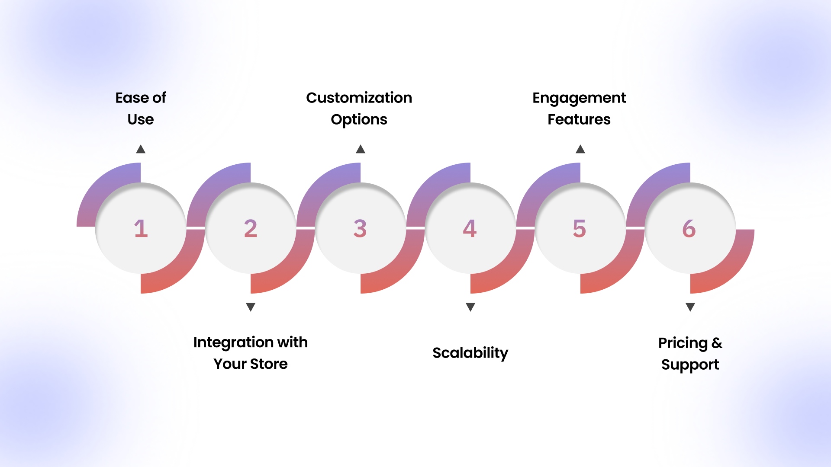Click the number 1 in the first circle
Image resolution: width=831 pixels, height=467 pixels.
[141, 228]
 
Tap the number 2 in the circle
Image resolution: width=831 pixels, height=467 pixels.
[251, 228]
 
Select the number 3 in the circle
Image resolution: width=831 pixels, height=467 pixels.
[360, 228]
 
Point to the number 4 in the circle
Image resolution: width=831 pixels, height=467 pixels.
[470, 228]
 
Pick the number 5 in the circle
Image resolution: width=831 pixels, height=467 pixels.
[580, 228]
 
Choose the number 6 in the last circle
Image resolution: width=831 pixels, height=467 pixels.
[689, 228]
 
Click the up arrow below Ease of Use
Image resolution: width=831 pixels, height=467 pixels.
[141, 149]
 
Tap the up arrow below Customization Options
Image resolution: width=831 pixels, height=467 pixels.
[361, 149]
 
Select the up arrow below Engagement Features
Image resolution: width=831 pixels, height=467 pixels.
[580, 149]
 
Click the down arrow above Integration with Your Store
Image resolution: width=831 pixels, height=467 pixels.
[251, 307]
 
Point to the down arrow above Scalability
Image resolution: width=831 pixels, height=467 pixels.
[470, 307]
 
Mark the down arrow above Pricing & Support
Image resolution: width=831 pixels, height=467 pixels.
[690, 307]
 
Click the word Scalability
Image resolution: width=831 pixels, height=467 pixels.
[470, 353]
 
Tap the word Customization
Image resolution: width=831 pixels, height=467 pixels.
[359, 98]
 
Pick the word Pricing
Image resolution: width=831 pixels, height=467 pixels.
[683, 343]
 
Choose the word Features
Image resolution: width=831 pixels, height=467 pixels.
[579, 119]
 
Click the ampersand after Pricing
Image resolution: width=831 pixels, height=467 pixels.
[717, 343]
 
